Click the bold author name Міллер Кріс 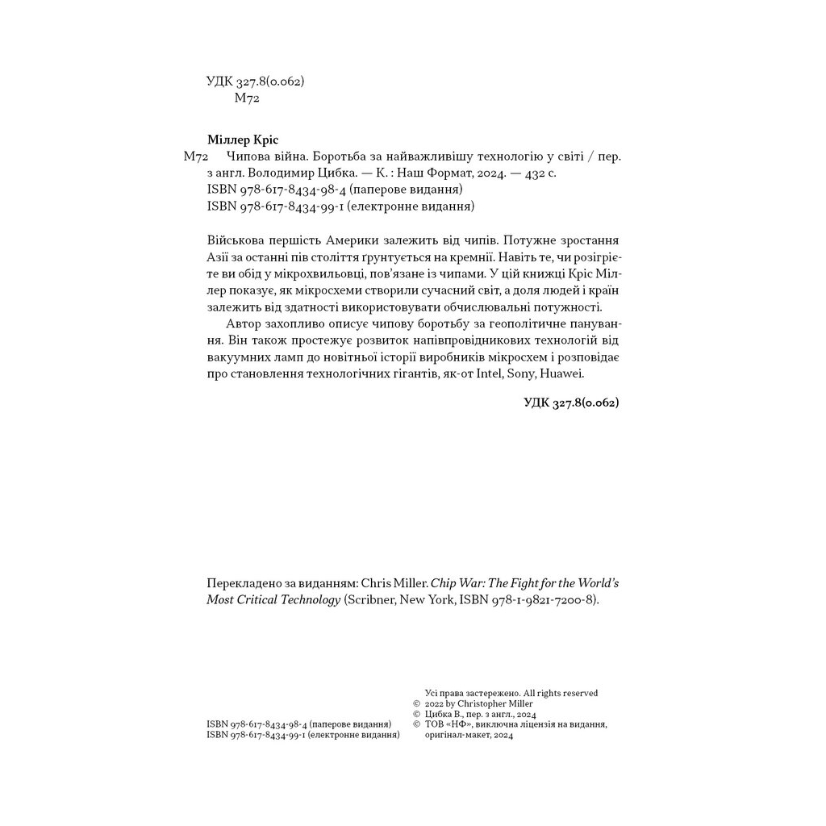(242, 139)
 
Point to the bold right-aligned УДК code (570, 403)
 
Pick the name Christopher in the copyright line (485, 703)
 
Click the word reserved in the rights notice (580, 693)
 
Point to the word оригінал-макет (457, 735)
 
